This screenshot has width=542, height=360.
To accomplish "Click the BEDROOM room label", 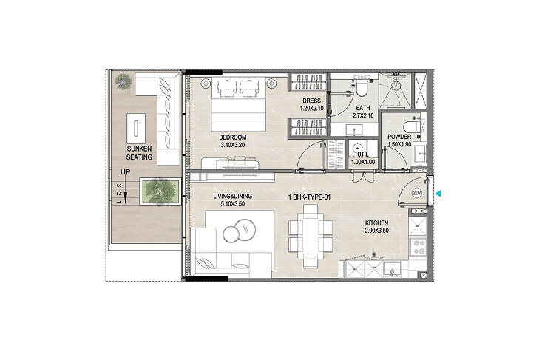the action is [x=233, y=137].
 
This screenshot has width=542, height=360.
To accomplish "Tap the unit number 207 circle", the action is [x=417, y=193].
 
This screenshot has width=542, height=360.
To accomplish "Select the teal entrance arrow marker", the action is [x=438, y=194].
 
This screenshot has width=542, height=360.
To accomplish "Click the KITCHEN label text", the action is [x=376, y=223].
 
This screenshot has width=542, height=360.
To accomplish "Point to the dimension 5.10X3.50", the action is [x=233, y=204].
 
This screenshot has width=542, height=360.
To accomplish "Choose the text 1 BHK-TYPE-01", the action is [x=309, y=197].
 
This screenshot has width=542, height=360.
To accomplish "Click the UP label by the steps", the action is [x=125, y=171].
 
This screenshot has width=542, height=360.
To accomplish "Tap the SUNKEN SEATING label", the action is [x=139, y=153].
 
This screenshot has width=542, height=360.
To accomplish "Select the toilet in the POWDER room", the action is [x=411, y=127].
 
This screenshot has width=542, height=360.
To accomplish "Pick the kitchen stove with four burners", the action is [x=418, y=247].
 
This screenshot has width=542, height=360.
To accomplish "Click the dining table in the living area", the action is [x=311, y=235].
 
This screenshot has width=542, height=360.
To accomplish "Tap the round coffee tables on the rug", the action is [x=239, y=231].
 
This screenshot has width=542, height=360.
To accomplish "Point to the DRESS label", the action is [x=311, y=101].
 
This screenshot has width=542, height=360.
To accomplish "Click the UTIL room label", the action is [x=363, y=154].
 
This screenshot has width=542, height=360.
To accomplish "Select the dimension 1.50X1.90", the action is [x=399, y=144].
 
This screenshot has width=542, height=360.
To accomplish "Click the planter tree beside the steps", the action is [x=160, y=191].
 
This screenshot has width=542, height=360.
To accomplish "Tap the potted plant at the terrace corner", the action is [x=123, y=81].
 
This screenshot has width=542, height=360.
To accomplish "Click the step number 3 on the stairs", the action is [x=119, y=186].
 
